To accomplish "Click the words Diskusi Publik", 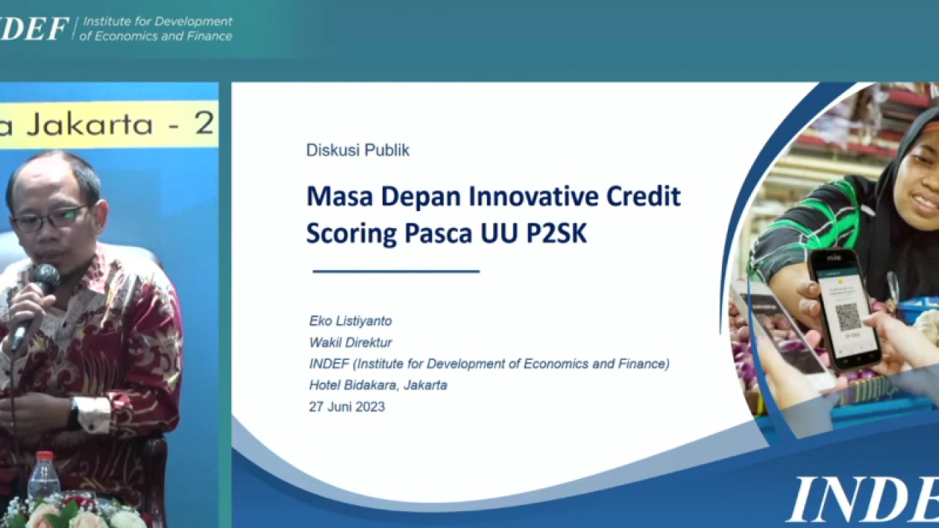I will [357, 150].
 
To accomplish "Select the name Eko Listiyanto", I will [351, 321].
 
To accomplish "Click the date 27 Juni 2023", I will [347, 406].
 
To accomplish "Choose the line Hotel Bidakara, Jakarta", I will [378, 385].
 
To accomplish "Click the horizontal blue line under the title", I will [396, 271].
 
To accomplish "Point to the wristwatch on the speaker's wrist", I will [74, 415].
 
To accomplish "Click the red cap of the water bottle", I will [44, 457].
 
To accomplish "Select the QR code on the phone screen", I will [847, 316].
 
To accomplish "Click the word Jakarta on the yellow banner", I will [88, 124].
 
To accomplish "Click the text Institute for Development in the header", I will [157, 21].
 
